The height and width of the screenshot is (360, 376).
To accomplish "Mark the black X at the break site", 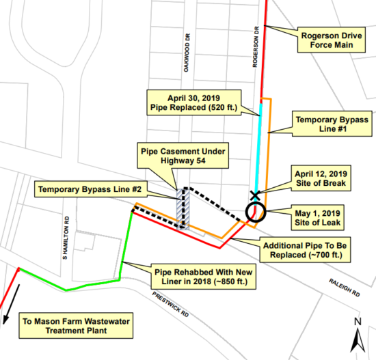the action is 255,195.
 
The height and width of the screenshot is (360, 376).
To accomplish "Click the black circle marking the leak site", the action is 255,211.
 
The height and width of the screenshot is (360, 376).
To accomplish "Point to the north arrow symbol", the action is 358,335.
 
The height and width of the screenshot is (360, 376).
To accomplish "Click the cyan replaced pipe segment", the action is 259,147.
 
